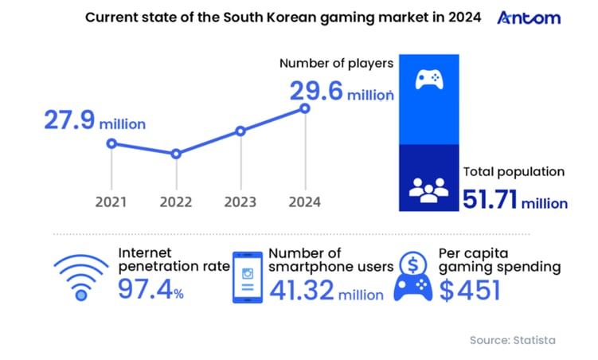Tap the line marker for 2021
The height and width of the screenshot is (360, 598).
pyautogui.click(x=111, y=143)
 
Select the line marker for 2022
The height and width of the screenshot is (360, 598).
pyautogui.click(x=176, y=154)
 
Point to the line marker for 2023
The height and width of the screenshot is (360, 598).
pyautogui.click(x=240, y=131)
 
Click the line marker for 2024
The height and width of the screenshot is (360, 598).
pyautogui.click(x=303, y=108)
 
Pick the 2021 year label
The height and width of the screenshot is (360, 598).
pyautogui.click(x=111, y=202)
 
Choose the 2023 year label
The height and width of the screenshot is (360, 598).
pyautogui.click(x=240, y=202)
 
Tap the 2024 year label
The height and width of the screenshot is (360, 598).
pyautogui.click(x=303, y=202)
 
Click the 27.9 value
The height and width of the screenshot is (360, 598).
pyautogui.click(x=69, y=121)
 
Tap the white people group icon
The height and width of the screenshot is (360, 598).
pyautogui.click(x=429, y=188)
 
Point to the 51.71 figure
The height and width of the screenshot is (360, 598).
pyautogui.click(x=491, y=200)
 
